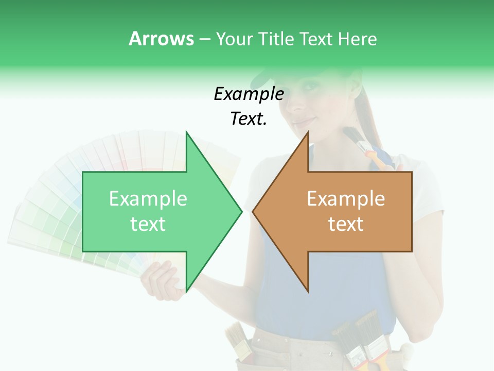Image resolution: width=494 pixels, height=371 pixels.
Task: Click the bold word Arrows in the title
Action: pos(161,39)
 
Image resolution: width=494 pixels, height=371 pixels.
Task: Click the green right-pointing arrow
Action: pos(154,211)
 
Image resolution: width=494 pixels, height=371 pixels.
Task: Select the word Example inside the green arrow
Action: pos(148,199)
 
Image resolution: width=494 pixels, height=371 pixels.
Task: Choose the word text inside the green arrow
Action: pos(148,224)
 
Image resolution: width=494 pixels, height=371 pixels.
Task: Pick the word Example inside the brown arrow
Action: pos(346,199)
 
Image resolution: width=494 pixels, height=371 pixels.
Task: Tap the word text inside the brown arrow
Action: pos(346,224)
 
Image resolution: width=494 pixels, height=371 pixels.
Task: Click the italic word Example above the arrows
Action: pos(249,94)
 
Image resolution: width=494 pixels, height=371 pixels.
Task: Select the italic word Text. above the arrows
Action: pos(249,119)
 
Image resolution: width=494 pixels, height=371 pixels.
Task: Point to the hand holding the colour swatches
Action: pos(162,281)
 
